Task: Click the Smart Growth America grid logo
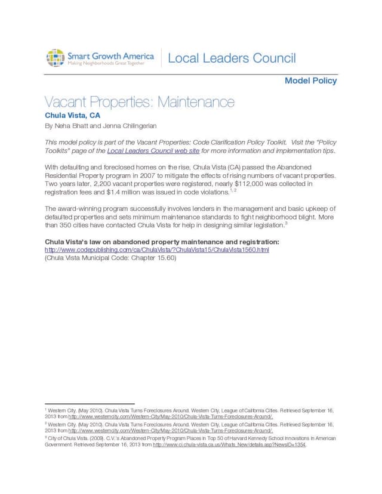tap(55, 58)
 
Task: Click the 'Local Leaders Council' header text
tap(232, 58)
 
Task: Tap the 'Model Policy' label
tap(310, 81)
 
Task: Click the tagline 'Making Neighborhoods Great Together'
tap(105, 63)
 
